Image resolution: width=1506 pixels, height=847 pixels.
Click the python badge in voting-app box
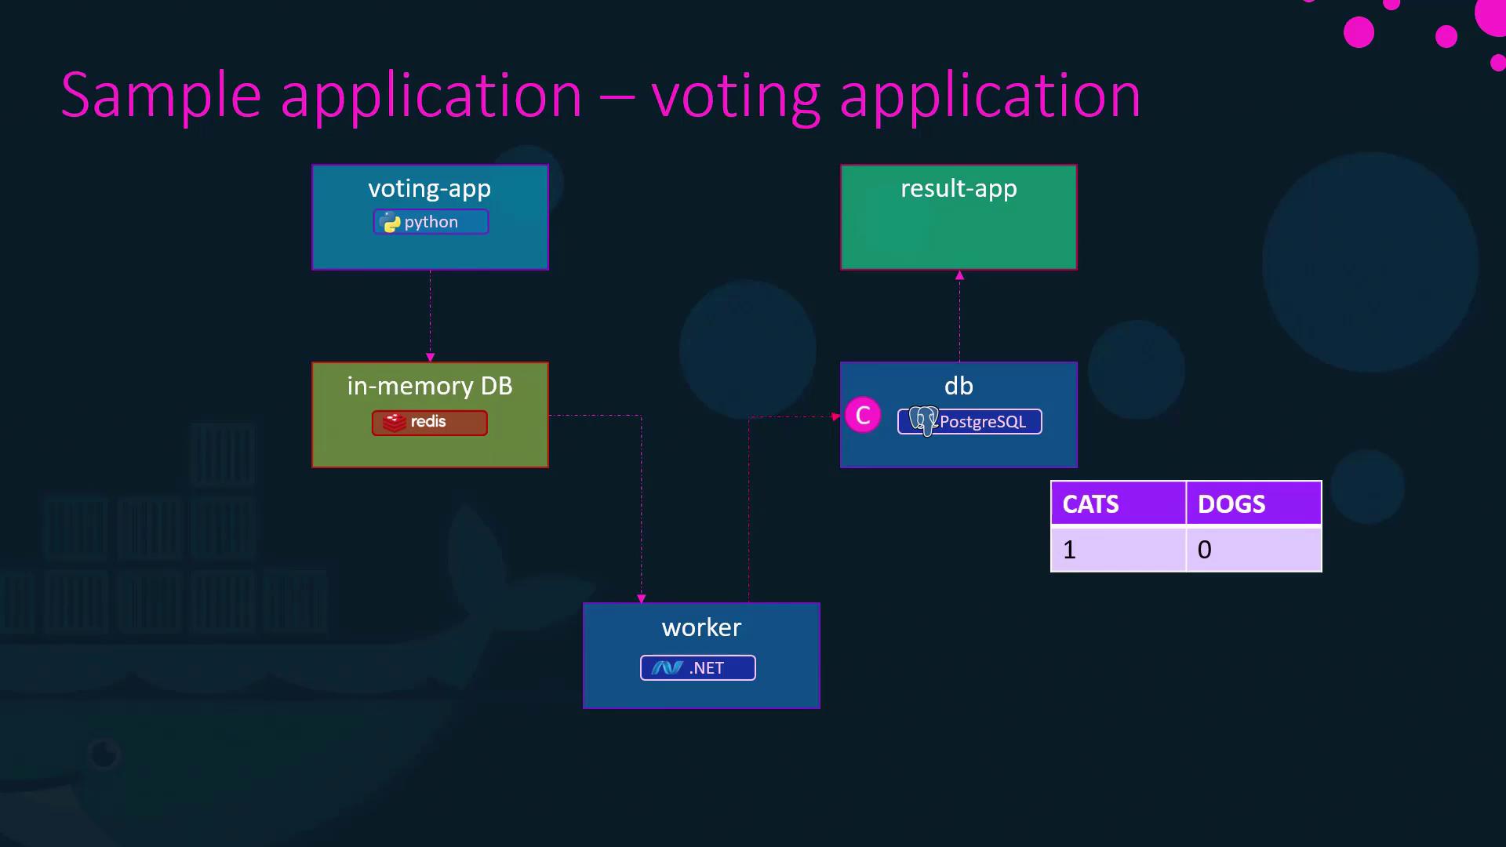(431, 222)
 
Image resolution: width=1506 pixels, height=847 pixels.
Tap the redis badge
(429, 423)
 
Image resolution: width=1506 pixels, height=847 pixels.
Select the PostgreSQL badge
(969, 421)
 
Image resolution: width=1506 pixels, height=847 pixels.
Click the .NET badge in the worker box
(697, 667)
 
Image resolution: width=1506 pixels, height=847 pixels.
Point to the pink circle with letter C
(863, 415)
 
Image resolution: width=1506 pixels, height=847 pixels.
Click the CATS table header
(1118, 503)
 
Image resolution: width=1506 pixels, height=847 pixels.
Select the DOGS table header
(1253, 503)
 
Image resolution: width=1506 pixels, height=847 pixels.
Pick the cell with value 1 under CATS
(1118, 550)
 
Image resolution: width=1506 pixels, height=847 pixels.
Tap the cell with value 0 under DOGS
(1253, 550)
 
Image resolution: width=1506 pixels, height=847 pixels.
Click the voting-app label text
(429, 188)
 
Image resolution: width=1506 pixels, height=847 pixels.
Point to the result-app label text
(959, 188)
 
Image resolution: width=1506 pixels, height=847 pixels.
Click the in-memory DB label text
(430, 386)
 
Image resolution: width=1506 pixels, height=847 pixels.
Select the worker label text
(701, 627)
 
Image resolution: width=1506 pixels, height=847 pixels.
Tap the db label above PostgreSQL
(959, 386)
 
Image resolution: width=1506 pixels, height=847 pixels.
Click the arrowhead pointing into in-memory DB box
(430, 357)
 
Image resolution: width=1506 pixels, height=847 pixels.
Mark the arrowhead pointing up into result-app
(959, 275)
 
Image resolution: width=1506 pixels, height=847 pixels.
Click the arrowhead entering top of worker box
(642, 598)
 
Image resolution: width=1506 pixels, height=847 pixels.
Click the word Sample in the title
(161, 96)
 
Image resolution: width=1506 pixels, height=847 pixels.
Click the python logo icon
(391, 223)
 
